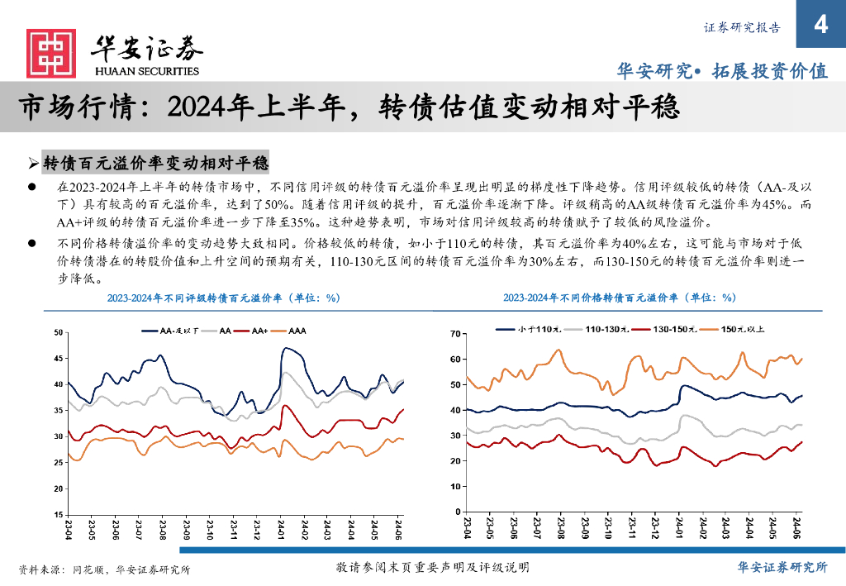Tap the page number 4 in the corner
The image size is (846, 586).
[820, 24]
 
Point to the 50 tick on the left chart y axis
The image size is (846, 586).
[57, 332]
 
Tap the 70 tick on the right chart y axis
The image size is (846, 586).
[453, 334]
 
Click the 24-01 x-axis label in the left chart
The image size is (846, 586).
[281, 528]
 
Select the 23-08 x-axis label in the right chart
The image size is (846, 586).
[561, 527]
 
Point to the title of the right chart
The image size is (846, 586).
[619, 298]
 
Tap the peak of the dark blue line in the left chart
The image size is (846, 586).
[285, 349]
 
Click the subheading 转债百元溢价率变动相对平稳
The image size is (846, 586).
[155, 161]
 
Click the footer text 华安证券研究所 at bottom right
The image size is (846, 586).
[782, 567]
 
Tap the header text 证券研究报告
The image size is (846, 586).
[742, 26]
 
